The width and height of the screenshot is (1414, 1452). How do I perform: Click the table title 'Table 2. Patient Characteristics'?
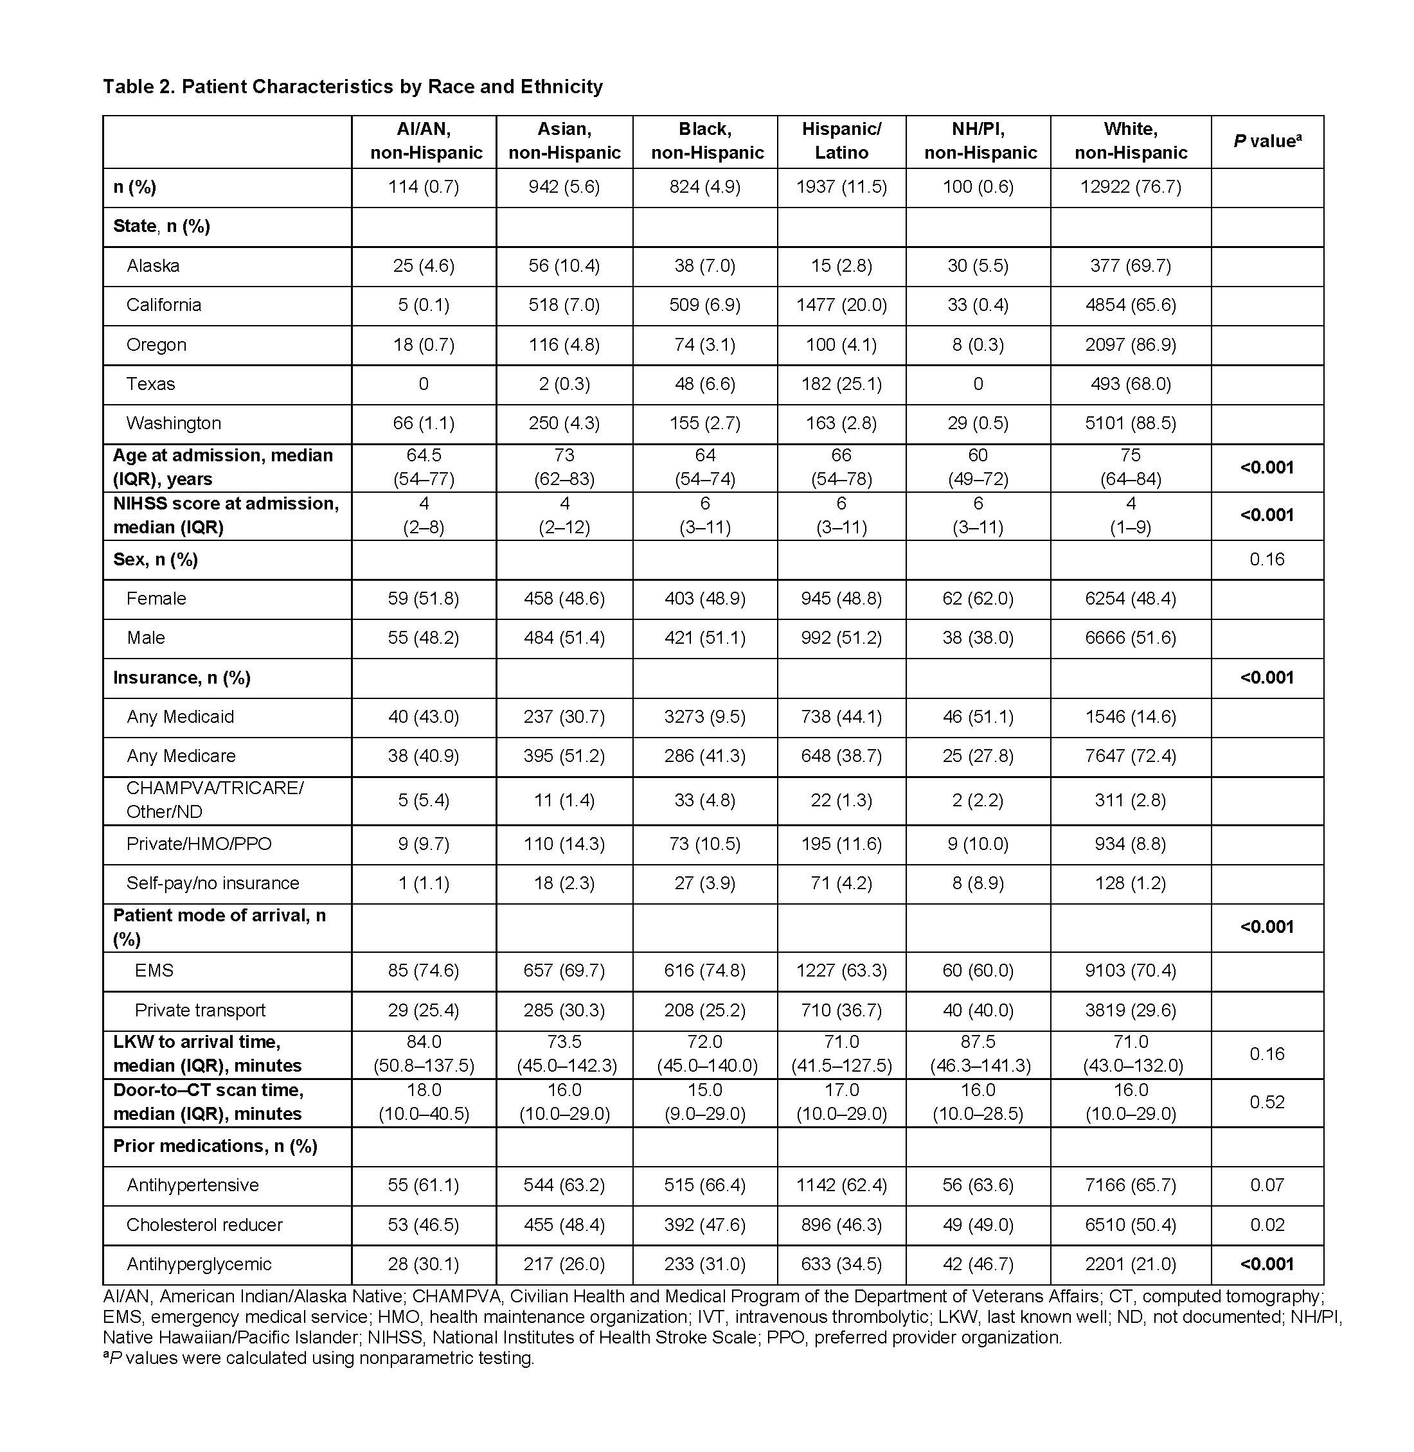click(352, 87)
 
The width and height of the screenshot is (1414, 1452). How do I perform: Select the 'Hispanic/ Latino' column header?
click(841, 141)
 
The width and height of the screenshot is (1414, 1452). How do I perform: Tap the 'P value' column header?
click(1266, 141)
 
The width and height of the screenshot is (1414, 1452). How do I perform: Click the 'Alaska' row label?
click(153, 266)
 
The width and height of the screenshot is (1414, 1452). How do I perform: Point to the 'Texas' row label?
click(151, 384)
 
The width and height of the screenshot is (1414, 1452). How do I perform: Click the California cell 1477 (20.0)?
click(841, 305)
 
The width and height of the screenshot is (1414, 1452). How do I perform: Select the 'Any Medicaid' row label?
click(180, 716)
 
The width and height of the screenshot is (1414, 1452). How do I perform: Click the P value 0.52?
click(1266, 1102)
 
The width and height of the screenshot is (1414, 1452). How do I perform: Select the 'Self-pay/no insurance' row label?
click(212, 883)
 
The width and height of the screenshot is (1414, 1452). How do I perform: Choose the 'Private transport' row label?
click(200, 1011)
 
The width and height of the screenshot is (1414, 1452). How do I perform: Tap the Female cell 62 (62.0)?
click(978, 598)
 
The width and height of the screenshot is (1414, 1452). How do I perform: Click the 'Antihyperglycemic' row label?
click(199, 1264)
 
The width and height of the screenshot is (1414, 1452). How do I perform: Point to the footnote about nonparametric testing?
click(319, 1358)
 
